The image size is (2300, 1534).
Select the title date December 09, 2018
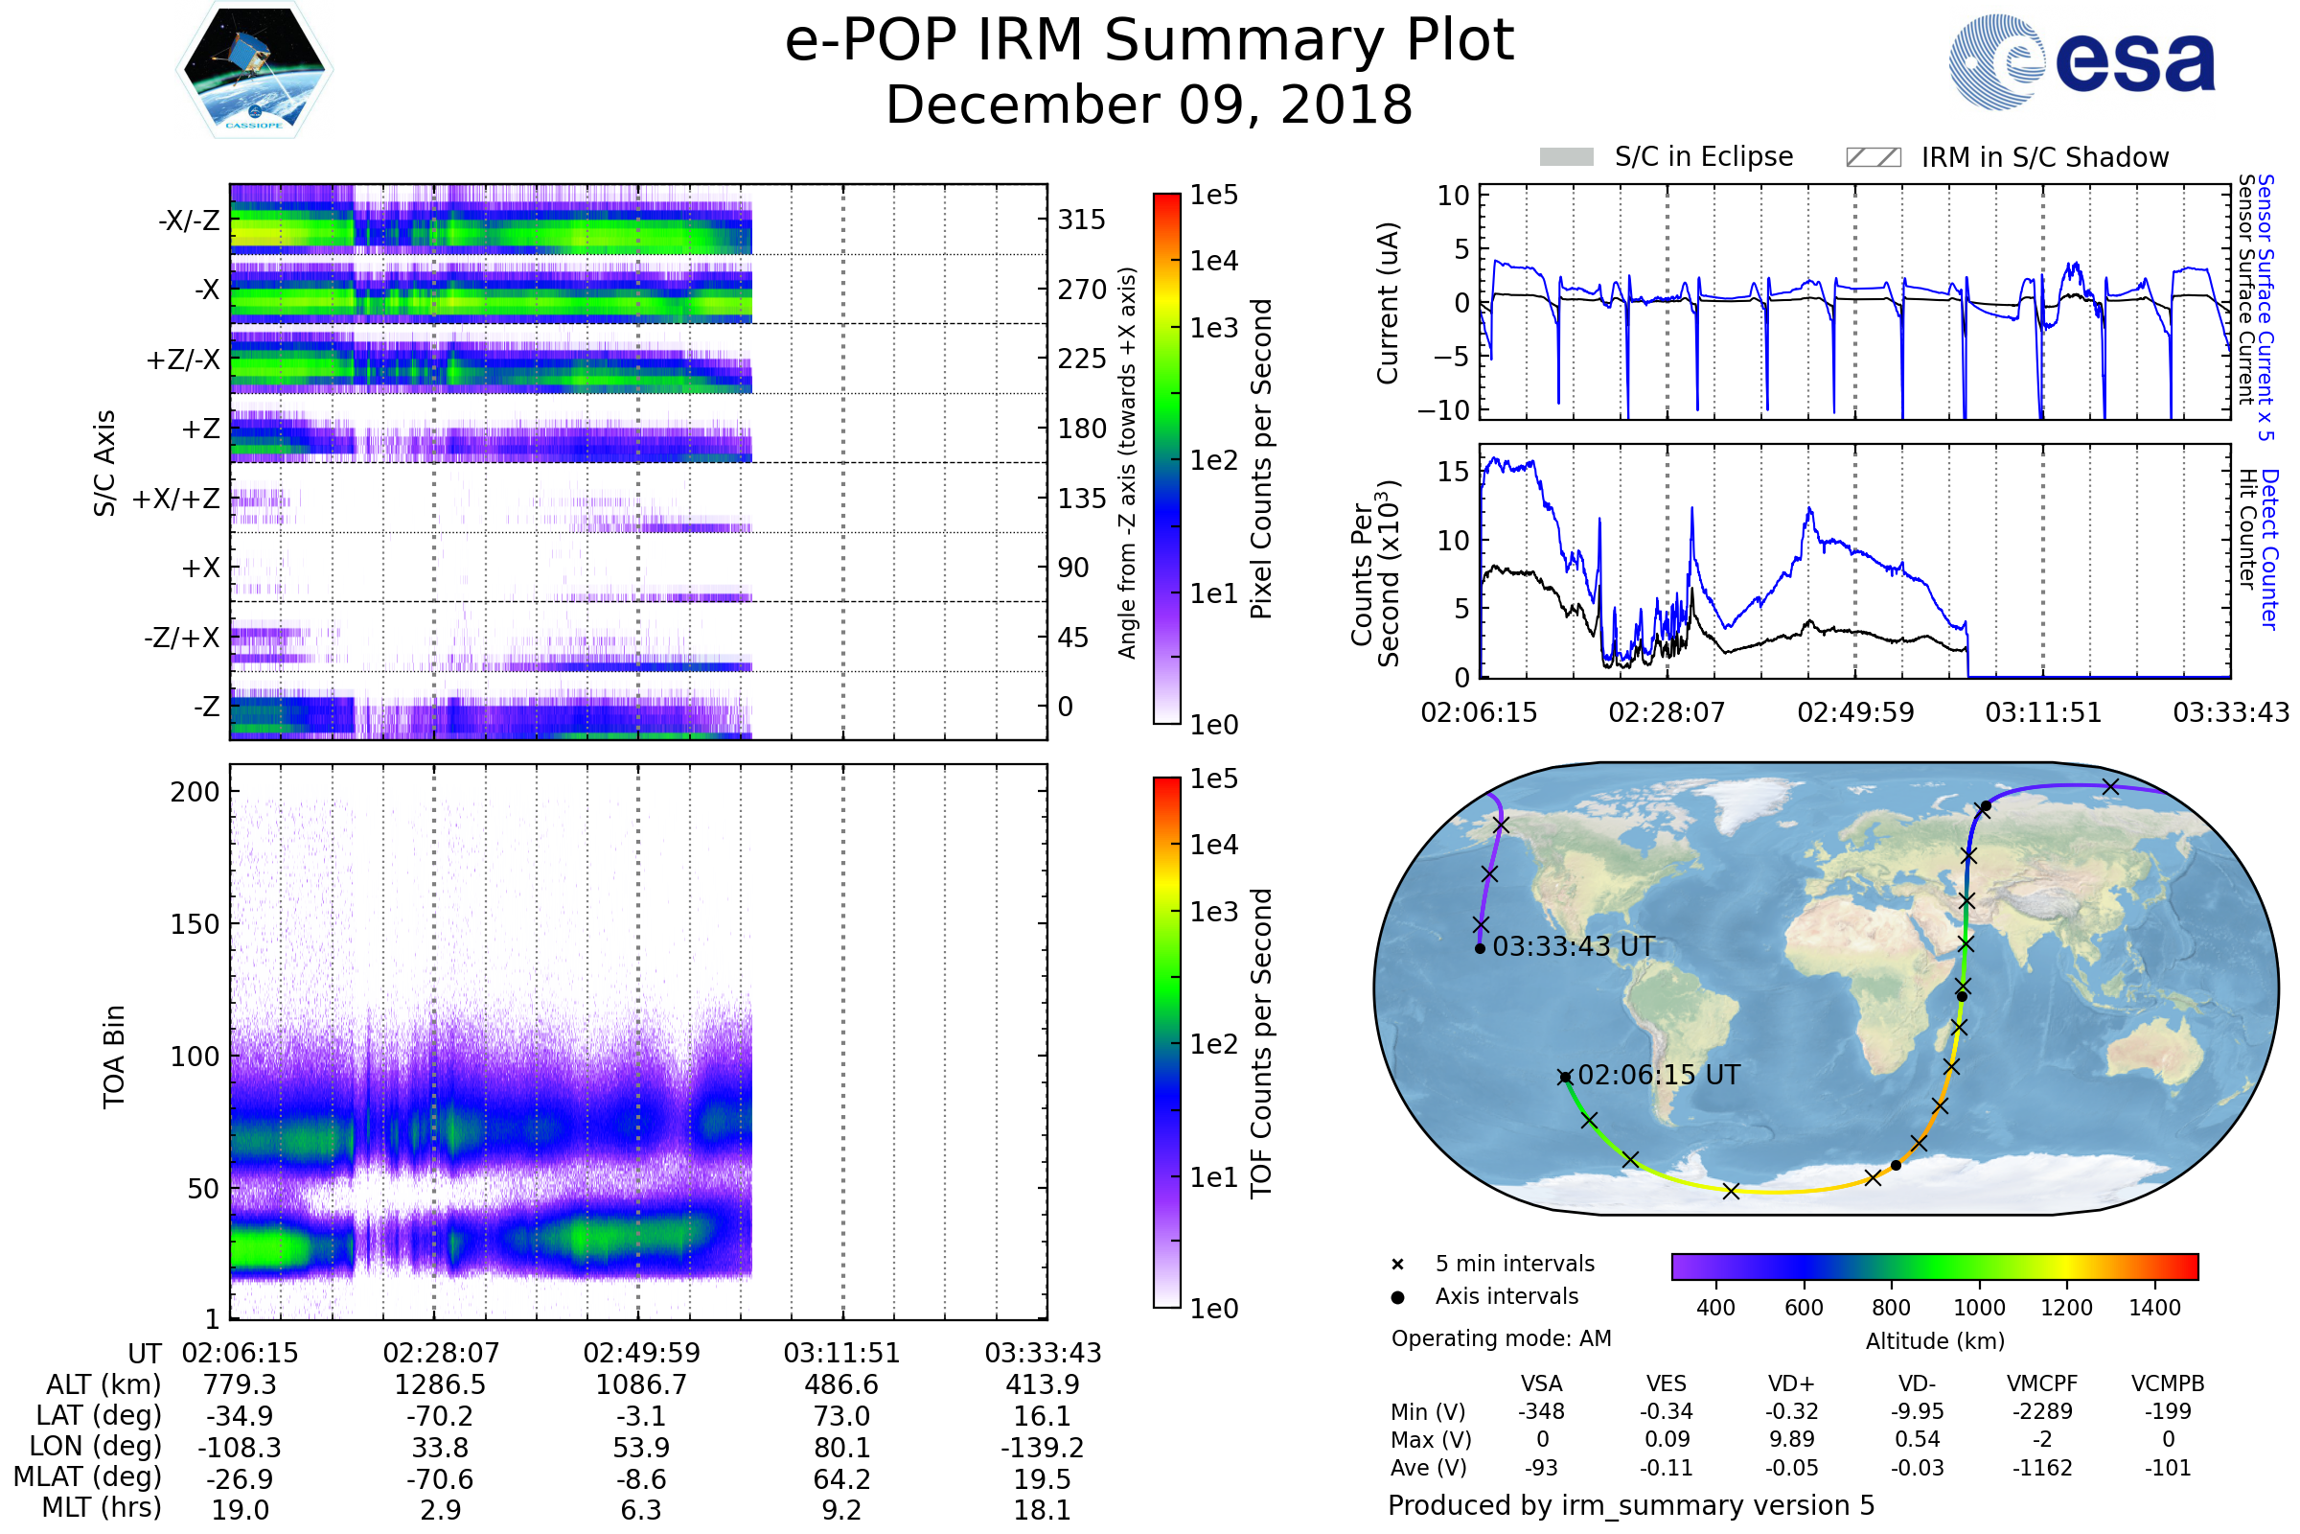(1149, 105)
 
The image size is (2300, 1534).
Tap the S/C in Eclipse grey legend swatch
(1567, 157)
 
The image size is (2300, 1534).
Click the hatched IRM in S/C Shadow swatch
(1873, 157)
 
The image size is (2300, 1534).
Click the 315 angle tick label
(1081, 221)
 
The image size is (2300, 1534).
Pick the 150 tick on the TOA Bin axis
(195, 924)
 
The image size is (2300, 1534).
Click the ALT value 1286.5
(440, 1385)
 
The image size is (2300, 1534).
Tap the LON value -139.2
(1043, 1448)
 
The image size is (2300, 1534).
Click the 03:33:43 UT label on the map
(1574, 947)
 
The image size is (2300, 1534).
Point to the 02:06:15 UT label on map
(1659, 1075)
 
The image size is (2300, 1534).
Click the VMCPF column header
(2042, 1384)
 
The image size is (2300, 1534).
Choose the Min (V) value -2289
(2042, 1411)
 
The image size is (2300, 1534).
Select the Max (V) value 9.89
(1791, 1439)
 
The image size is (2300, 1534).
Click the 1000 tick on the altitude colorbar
(1978, 1308)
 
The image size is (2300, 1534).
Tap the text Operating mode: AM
(1501, 1338)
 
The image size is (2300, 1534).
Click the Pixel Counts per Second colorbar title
(1261, 458)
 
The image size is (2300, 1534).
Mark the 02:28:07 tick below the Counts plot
(1667, 712)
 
